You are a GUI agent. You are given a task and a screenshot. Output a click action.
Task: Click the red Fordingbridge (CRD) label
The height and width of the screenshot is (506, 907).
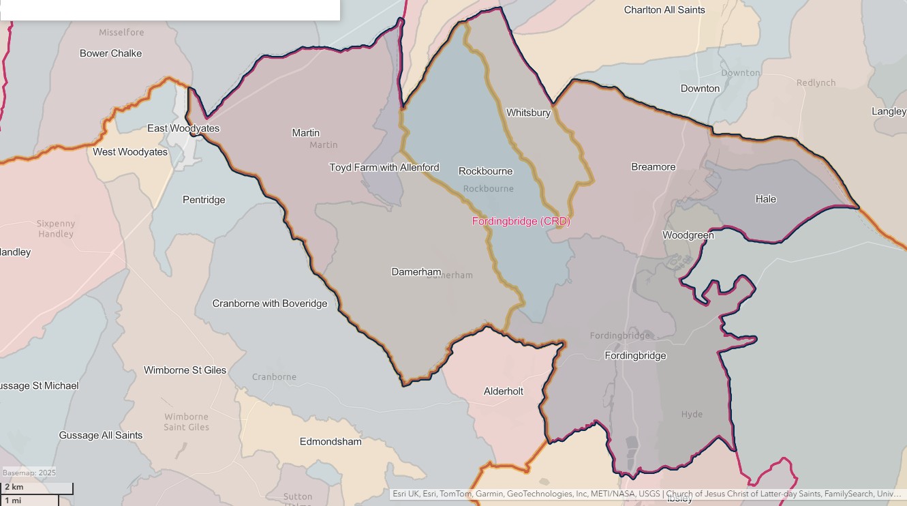521,222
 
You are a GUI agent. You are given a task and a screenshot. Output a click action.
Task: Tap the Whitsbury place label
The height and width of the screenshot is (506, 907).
528,113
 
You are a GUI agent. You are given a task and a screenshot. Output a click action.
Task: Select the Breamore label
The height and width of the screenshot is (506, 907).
653,167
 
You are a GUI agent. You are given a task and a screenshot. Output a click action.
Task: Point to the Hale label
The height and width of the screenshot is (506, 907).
765,199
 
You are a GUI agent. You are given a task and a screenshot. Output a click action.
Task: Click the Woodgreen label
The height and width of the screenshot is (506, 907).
688,235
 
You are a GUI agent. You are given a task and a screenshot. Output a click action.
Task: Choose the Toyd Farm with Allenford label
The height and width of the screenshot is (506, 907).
384,167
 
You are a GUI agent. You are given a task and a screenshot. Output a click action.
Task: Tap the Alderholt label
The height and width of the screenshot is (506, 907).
503,391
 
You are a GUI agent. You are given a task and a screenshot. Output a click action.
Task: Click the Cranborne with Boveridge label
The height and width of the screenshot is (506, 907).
269,303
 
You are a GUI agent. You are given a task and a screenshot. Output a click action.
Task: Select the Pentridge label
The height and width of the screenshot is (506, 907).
204,200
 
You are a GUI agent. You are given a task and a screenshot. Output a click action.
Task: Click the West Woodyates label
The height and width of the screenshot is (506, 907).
130,152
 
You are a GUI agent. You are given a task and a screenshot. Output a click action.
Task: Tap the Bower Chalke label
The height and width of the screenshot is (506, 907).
110,53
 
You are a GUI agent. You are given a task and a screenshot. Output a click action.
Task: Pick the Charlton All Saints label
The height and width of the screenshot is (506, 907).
664,10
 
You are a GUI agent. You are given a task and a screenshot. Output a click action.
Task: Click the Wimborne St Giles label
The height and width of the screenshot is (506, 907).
185,370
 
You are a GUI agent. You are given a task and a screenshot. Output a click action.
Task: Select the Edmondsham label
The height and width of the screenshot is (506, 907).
330,441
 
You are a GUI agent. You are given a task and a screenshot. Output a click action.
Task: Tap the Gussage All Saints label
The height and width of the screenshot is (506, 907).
101,435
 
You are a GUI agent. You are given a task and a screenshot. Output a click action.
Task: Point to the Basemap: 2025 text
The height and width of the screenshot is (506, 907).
29,473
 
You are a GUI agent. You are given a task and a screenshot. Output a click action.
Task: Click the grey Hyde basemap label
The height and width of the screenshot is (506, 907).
692,415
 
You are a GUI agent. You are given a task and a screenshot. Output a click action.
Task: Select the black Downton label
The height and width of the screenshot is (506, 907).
700,89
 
